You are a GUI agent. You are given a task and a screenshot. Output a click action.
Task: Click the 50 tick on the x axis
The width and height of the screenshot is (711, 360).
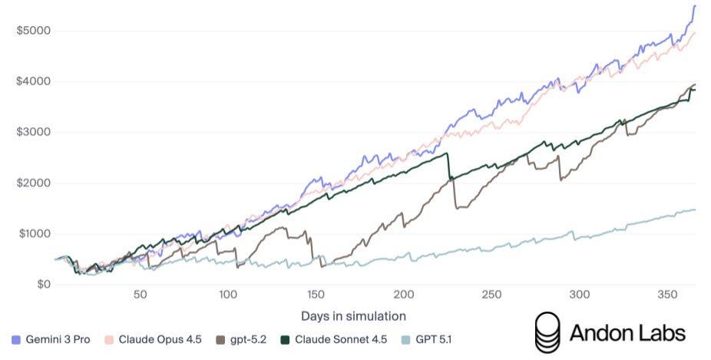point(140,295)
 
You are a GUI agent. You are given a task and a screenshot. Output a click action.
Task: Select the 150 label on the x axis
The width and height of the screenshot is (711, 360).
point(316,295)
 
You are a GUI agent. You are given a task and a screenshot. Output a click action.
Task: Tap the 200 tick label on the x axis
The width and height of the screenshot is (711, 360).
point(404,295)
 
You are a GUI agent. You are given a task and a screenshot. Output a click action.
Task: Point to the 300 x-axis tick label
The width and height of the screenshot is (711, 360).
point(580,295)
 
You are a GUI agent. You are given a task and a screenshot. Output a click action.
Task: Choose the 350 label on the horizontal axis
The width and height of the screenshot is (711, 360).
point(667,295)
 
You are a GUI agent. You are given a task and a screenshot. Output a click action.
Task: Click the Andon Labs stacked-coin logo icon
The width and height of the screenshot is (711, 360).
point(547,332)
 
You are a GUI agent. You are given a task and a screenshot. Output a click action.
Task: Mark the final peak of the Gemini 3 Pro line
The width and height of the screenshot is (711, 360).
point(695,6)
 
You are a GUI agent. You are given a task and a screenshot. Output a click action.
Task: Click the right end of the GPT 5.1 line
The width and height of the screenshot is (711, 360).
point(696,210)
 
